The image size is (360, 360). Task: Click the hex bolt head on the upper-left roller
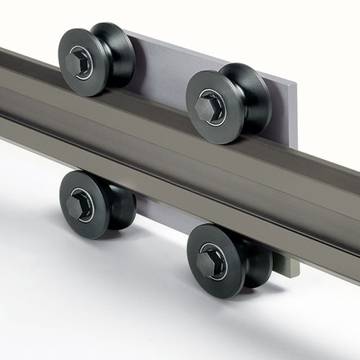pos(77,63)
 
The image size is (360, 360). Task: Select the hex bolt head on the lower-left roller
pos(78,206)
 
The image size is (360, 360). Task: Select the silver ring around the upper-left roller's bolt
pos(87,58)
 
